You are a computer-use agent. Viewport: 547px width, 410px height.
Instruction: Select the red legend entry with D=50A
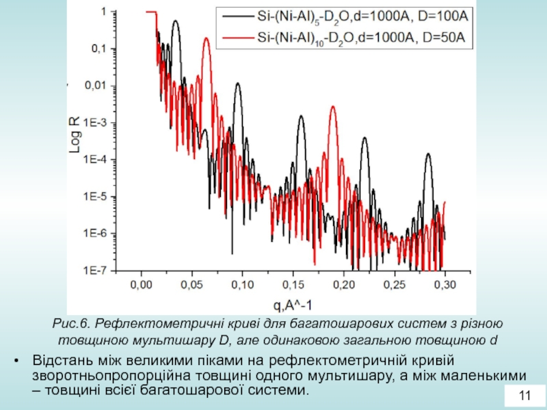click(x=346, y=38)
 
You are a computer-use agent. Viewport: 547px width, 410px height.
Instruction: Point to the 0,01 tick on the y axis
click(x=95, y=86)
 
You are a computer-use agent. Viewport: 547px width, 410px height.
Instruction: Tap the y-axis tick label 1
click(x=103, y=12)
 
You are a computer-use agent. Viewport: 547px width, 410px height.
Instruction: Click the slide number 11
click(x=525, y=396)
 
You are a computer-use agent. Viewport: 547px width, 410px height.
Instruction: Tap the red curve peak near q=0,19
click(x=333, y=107)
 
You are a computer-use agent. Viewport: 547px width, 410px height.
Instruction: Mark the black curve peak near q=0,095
click(x=237, y=84)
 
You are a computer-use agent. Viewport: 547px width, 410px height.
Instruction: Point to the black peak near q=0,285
click(x=429, y=154)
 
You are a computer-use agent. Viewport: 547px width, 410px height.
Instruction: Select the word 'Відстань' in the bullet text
click(x=59, y=361)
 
